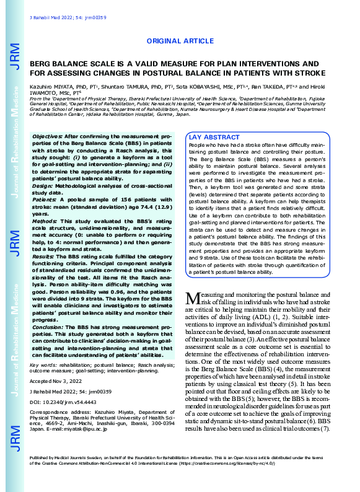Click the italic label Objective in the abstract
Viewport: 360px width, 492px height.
46,135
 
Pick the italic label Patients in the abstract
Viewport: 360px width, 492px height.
43,200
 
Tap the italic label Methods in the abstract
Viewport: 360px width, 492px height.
44,219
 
